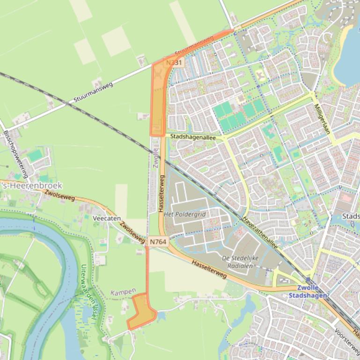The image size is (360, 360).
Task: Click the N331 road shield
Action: [175, 62]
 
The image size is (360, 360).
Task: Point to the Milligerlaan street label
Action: [323, 119]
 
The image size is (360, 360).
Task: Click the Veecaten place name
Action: [107, 218]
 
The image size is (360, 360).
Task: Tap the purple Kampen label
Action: [123, 292]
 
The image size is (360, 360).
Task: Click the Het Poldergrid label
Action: [185, 214]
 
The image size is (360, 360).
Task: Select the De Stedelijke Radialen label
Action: [240, 262]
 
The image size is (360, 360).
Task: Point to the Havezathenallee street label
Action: [260, 232]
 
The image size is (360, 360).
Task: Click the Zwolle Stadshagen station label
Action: [308, 292]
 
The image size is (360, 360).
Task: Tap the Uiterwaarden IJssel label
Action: [89, 292]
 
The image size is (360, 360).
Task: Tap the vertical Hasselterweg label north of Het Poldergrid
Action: [162, 194]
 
